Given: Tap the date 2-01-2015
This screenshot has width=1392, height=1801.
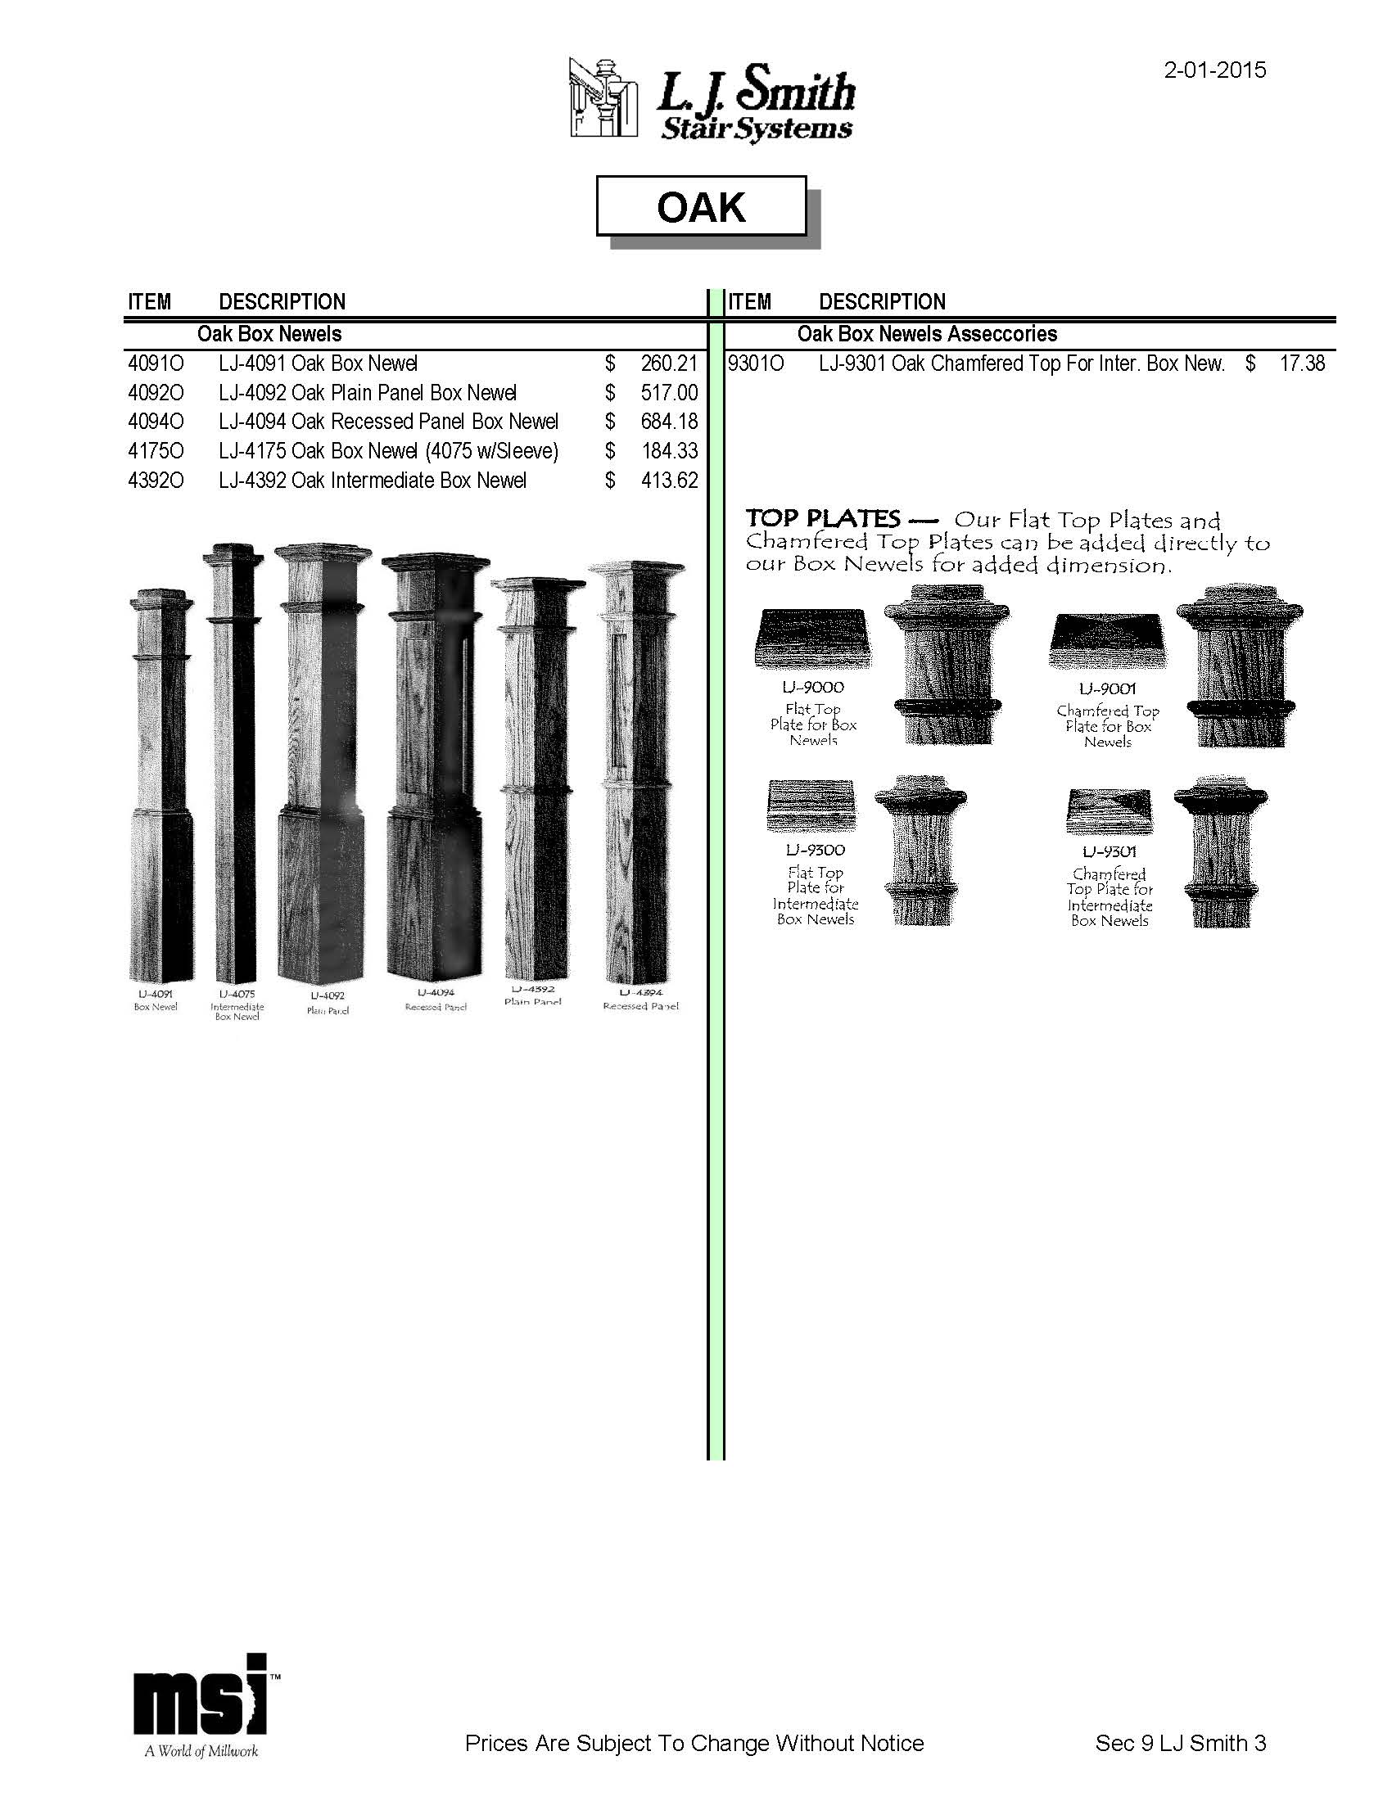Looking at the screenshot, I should (1213, 70).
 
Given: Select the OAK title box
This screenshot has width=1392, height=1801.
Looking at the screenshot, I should (701, 206).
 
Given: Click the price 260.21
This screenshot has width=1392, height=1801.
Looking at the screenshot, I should (669, 363).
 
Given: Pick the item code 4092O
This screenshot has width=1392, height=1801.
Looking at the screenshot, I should (156, 393).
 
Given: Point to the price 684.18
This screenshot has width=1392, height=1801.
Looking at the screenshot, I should (669, 422).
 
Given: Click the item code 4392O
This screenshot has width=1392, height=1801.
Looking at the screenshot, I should (156, 481).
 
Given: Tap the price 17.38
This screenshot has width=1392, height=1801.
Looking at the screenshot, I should (1302, 363).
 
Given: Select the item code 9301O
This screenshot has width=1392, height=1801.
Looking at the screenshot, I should (756, 363).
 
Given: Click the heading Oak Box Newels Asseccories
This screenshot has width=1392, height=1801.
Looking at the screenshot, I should (927, 334).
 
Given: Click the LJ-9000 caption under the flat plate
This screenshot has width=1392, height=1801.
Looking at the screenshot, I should (813, 687).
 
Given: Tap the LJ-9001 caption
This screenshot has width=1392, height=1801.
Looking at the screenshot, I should (1108, 688).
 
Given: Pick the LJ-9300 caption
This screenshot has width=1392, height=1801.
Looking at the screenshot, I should (815, 851).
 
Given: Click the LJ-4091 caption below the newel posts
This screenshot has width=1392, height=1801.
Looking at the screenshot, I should (155, 995).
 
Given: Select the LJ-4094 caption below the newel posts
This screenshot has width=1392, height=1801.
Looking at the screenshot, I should (436, 993).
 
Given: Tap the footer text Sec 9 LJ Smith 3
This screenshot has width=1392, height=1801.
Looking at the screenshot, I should (1180, 1743).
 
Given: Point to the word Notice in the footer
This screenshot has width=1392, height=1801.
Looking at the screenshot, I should (892, 1743).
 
